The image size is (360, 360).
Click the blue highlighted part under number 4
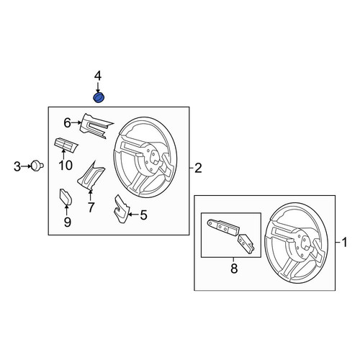(x=99, y=97)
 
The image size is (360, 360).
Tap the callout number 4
(x=98, y=76)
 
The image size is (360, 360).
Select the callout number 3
(x=17, y=166)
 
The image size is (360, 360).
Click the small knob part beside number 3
(x=37, y=166)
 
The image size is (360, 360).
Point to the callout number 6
(x=67, y=123)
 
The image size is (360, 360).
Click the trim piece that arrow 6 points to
(x=95, y=125)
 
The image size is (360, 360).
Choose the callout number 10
(x=66, y=165)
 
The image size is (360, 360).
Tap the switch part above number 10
(x=66, y=145)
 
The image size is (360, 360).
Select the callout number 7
(x=91, y=207)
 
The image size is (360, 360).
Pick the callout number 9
(x=68, y=222)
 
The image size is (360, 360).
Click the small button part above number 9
(x=66, y=197)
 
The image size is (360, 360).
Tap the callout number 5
(x=143, y=215)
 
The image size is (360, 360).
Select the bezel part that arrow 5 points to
(x=121, y=208)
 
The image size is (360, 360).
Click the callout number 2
(x=198, y=168)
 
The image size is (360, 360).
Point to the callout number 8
(x=234, y=269)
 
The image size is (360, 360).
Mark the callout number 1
(x=344, y=243)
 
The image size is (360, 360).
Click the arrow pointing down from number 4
(x=98, y=87)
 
